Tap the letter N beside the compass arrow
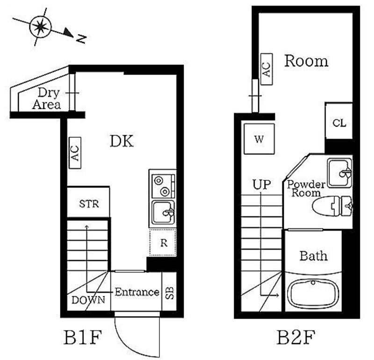(81, 39)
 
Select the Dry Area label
(47, 99)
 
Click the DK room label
(122, 141)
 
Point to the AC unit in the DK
(75, 153)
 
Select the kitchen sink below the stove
(163, 213)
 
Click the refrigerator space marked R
(163, 243)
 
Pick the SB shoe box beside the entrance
(169, 292)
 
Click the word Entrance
(137, 292)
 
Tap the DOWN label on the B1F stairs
(88, 300)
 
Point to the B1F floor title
(83, 337)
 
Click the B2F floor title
(296, 337)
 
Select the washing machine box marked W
(259, 139)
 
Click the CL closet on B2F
(339, 121)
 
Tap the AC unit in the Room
(266, 69)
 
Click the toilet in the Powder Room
(332, 206)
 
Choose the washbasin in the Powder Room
(340, 173)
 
